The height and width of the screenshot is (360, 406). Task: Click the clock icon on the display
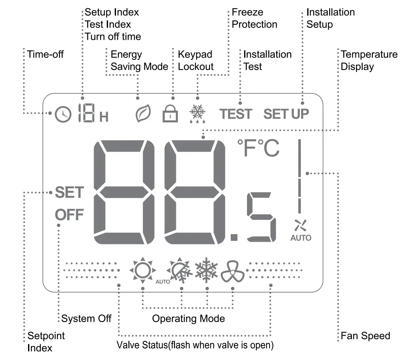tap(63, 114)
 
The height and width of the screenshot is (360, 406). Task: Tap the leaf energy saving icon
tap(143, 114)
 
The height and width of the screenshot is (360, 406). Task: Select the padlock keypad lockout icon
tap(170, 114)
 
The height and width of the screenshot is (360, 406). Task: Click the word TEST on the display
tap(236, 114)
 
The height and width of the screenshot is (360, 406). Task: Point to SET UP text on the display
tap(286, 114)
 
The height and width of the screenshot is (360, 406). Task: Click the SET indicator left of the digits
tap(69, 192)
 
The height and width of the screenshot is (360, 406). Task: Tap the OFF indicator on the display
tap(69, 215)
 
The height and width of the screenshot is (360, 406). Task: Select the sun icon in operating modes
tap(142, 270)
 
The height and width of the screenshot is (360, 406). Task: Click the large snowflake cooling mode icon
tap(207, 270)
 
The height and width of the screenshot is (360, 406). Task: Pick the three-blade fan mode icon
tap(232, 272)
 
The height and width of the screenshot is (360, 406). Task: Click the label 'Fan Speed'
tap(365, 336)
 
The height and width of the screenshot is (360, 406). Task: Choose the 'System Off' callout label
tap(86, 319)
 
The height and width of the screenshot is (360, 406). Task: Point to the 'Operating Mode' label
tap(188, 319)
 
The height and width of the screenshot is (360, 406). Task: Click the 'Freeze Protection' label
tap(254, 18)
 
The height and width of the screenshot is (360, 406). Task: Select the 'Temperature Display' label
tap(369, 60)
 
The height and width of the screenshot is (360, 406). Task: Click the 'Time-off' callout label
tap(45, 54)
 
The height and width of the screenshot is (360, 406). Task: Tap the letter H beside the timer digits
tap(104, 117)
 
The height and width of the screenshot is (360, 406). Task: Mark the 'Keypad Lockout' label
tap(195, 60)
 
